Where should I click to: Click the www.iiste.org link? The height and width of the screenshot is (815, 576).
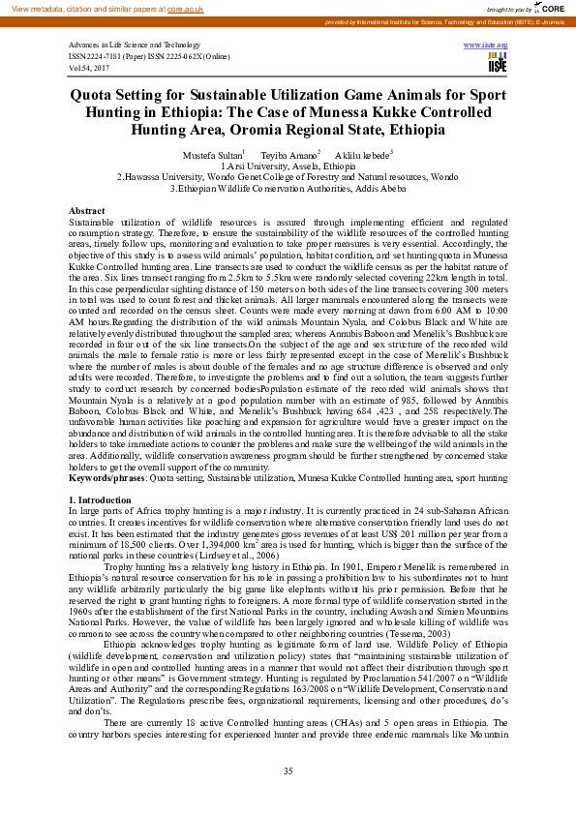click(x=486, y=45)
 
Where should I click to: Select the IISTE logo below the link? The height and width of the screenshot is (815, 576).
click(x=498, y=64)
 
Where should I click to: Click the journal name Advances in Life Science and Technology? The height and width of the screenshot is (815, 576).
click(x=134, y=45)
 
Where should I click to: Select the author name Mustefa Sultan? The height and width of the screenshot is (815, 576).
click(x=212, y=155)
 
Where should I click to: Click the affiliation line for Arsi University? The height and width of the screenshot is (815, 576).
click(x=288, y=166)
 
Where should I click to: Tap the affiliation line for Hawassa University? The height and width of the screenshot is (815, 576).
click(x=288, y=177)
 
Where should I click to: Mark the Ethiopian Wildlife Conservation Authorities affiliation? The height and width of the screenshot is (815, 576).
click(x=288, y=189)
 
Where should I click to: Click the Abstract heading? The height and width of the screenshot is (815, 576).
click(x=87, y=210)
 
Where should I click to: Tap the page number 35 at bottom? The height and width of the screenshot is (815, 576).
click(x=288, y=770)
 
